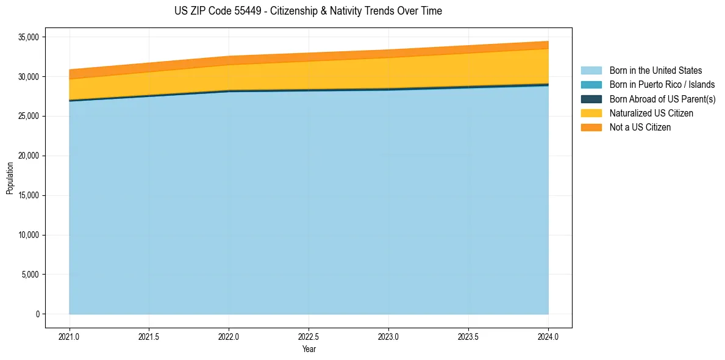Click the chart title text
pyautogui.click(x=308, y=11)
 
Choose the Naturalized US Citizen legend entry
pyautogui.click(x=651, y=113)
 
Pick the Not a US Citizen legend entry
pyautogui.click(x=640, y=128)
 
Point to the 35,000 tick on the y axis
pyautogui.click(x=29, y=37)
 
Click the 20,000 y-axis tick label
pyautogui.click(x=29, y=156)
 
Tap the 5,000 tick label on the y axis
pyautogui.click(x=30, y=275)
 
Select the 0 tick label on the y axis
pyautogui.click(x=37, y=314)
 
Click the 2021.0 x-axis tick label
pyautogui.click(x=69, y=337)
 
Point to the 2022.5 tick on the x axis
pyautogui.click(x=309, y=337)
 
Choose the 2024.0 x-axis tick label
pyautogui.click(x=548, y=337)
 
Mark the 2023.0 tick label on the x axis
pyautogui.click(x=388, y=337)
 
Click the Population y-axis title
pyautogui.click(x=10, y=178)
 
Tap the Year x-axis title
pyautogui.click(x=309, y=350)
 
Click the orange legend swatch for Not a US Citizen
pyautogui.click(x=591, y=128)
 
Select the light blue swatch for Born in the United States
pyautogui.click(x=591, y=71)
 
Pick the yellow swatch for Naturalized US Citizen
pyautogui.click(x=591, y=113)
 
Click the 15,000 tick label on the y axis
pyautogui.click(x=29, y=196)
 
